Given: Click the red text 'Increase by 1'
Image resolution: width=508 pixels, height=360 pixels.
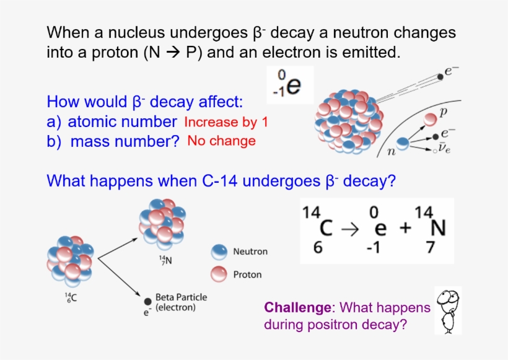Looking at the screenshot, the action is pos(226,122).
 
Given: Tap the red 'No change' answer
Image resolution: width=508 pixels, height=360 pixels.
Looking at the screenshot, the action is pos(222,141).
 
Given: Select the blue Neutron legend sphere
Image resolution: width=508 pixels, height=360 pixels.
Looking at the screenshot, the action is pos(219,252).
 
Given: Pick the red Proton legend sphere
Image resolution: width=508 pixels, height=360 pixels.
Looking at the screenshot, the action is pos(219,274).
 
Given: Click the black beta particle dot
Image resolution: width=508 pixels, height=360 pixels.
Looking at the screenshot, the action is pos(147,301).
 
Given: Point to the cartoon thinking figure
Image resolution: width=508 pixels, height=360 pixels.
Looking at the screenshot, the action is pos(448,311).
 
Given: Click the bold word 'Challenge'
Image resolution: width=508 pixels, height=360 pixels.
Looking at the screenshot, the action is pos(298,307).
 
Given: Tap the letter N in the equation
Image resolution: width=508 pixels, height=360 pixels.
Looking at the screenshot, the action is pos(438,228).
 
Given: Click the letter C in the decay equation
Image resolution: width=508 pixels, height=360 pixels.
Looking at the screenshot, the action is pos(326,228).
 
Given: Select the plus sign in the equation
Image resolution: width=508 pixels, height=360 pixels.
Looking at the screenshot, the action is pos(405,228).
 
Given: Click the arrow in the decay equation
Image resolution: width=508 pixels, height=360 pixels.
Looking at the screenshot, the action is pos(350,229).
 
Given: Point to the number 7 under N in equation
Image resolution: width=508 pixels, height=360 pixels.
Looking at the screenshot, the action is pos(430,247).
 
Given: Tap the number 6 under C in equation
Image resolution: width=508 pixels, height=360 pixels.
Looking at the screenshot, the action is pos(318,247).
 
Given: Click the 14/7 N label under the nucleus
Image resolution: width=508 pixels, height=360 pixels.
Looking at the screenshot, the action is pos(165,260).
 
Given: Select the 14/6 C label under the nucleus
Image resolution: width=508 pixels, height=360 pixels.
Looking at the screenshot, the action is pos(71,297).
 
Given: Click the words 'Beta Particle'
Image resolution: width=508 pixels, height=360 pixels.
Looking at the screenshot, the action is pos(181,297).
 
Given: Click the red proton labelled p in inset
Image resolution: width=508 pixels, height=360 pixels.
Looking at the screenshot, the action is pos(430,119).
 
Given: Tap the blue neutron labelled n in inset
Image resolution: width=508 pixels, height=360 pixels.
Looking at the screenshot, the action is pos(403,143).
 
